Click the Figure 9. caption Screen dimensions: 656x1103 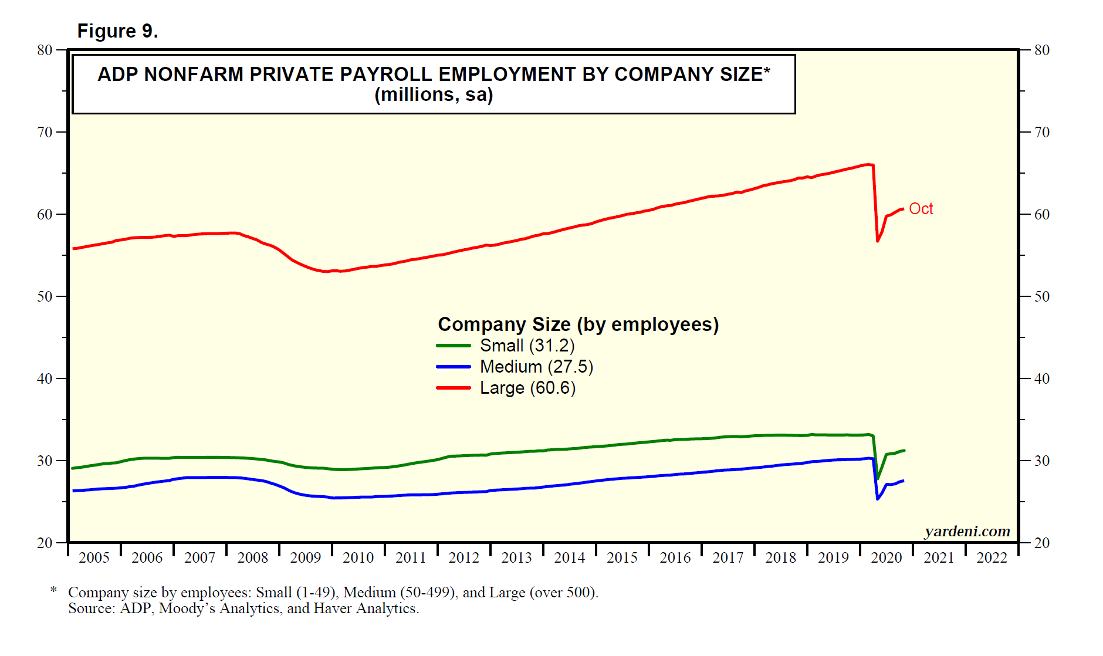pyautogui.click(x=118, y=31)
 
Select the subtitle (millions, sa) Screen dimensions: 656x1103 pyautogui.click(x=434, y=95)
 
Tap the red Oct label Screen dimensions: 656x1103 pyautogui.click(x=921, y=209)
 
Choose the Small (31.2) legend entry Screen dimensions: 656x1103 pyautogui.click(x=527, y=346)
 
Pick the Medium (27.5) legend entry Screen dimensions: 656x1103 pyautogui.click(x=536, y=367)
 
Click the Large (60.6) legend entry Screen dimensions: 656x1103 pyautogui.click(x=527, y=388)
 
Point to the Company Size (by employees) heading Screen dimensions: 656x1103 pyautogui.click(x=578, y=324)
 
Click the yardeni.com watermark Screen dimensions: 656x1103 pyautogui.click(x=967, y=532)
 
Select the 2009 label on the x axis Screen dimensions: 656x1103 pyautogui.click(x=305, y=558)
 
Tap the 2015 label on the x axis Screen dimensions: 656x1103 pyautogui.click(x=622, y=558)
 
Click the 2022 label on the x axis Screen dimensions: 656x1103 pyautogui.click(x=992, y=558)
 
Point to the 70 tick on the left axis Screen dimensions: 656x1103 pyautogui.click(x=45, y=133)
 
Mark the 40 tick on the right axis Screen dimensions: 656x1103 pyautogui.click(x=1042, y=379)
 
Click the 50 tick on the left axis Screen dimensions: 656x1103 pyautogui.click(x=45, y=297)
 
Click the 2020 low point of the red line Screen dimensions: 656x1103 pyautogui.click(x=878, y=241)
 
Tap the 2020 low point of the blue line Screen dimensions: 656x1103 pyautogui.click(x=878, y=499)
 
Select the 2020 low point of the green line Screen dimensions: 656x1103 pyautogui.click(x=878, y=478)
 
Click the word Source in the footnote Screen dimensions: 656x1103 pyautogui.click(x=91, y=608)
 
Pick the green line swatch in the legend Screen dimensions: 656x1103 pyautogui.click(x=454, y=346)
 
